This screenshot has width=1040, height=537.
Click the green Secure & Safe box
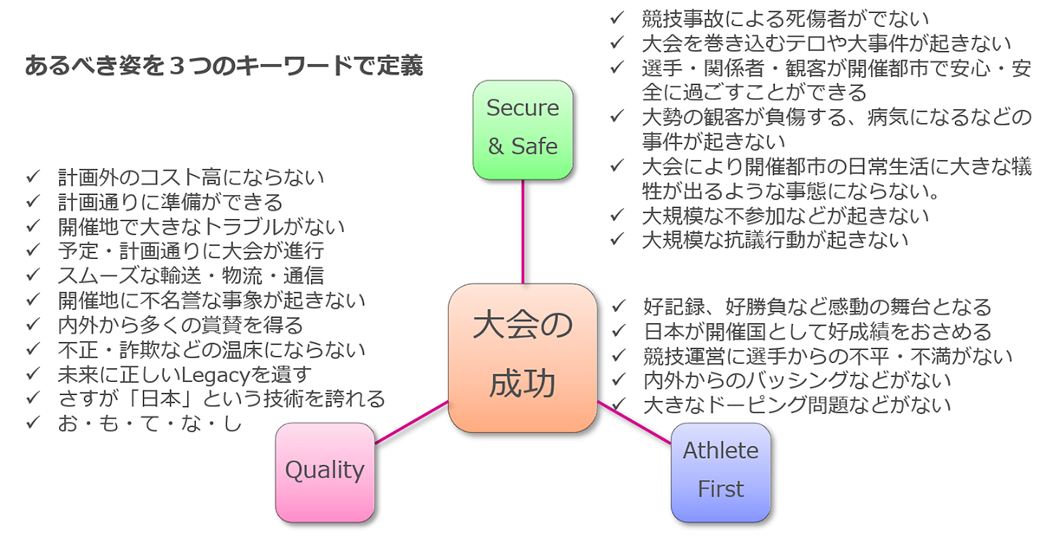(x=523, y=130)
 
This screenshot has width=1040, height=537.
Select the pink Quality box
(x=325, y=472)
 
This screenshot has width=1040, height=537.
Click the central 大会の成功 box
(x=523, y=358)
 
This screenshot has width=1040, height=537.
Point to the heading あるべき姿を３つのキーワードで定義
(x=224, y=67)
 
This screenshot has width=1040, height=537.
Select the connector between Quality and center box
(x=412, y=423)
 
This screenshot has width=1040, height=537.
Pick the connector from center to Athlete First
(x=634, y=424)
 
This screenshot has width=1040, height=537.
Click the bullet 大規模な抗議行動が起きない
(x=775, y=240)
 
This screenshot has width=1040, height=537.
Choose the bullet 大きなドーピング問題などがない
(x=797, y=404)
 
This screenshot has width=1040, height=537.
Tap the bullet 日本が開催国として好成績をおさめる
(x=817, y=332)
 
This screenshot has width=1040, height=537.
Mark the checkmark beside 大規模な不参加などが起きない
(x=618, y=215)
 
